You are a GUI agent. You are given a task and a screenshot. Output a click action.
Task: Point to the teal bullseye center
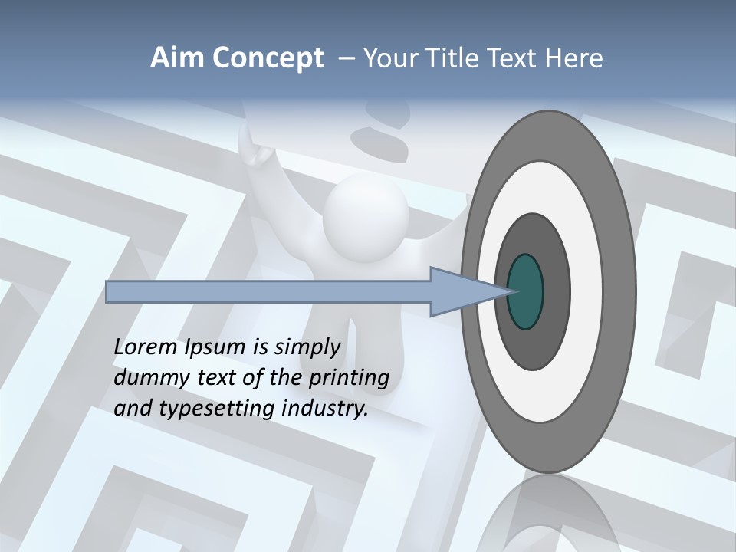tap(525, 292)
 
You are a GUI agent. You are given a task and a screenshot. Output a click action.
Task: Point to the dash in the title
tap(346, 59)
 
